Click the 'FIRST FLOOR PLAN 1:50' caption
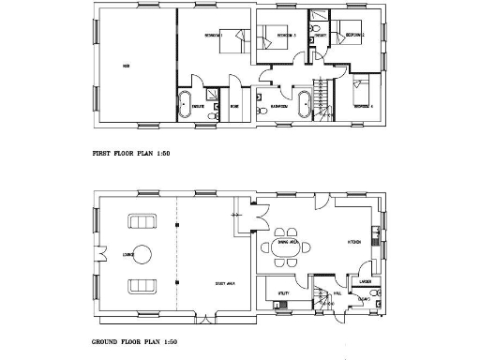[x=130, y=153]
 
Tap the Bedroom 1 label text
[x=214, y=35]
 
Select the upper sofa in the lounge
[x=142, y=222]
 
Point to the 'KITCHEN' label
[x=355, y=242]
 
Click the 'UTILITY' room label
[x=281, y=293]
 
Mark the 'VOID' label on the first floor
[x=125, y=66]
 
